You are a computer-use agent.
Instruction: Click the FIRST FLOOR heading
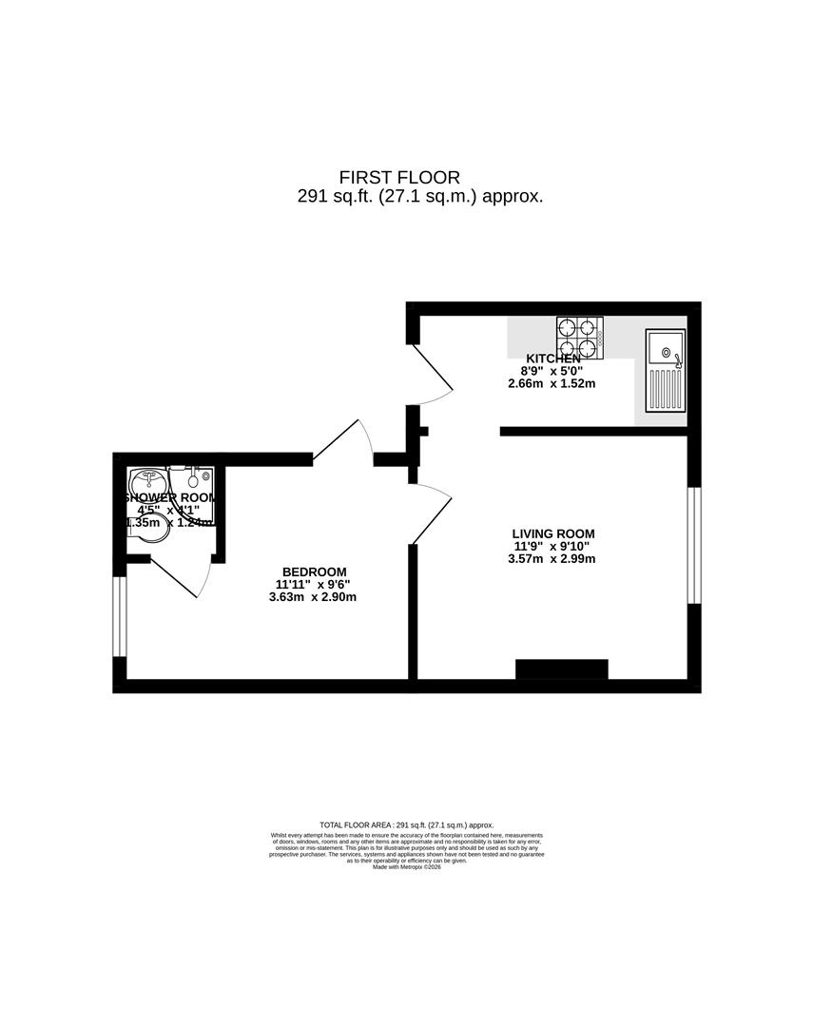pos(399,177)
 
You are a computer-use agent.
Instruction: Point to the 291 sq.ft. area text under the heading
pos(419,197)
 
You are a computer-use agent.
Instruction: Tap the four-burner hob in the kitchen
pos(580,339)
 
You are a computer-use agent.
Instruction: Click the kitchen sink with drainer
pos(666,371)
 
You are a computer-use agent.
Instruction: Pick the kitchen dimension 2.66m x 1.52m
pos(551,384)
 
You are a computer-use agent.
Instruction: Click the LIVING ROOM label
pos(552,533)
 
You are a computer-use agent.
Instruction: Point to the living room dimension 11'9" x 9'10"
pos(552,546)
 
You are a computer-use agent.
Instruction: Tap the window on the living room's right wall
pos(694,545)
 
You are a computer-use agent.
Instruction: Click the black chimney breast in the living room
pos(561,669)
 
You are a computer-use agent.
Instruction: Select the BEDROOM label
pos(315,572)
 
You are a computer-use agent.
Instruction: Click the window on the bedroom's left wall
pos(119,616)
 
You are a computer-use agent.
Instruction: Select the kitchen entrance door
pos(430,374)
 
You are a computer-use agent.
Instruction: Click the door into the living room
pos(430,512)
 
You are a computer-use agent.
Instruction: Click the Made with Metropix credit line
pos(406,866)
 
